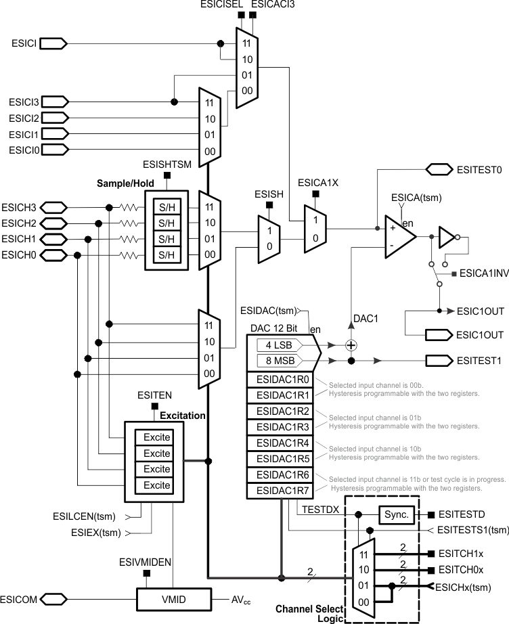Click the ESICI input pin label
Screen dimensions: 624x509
[24, 43]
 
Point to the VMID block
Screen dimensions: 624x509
[173, 599]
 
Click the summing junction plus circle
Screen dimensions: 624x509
[351, 345]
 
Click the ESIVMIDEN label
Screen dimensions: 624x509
[146, 561]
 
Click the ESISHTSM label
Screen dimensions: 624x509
[167, 164]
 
